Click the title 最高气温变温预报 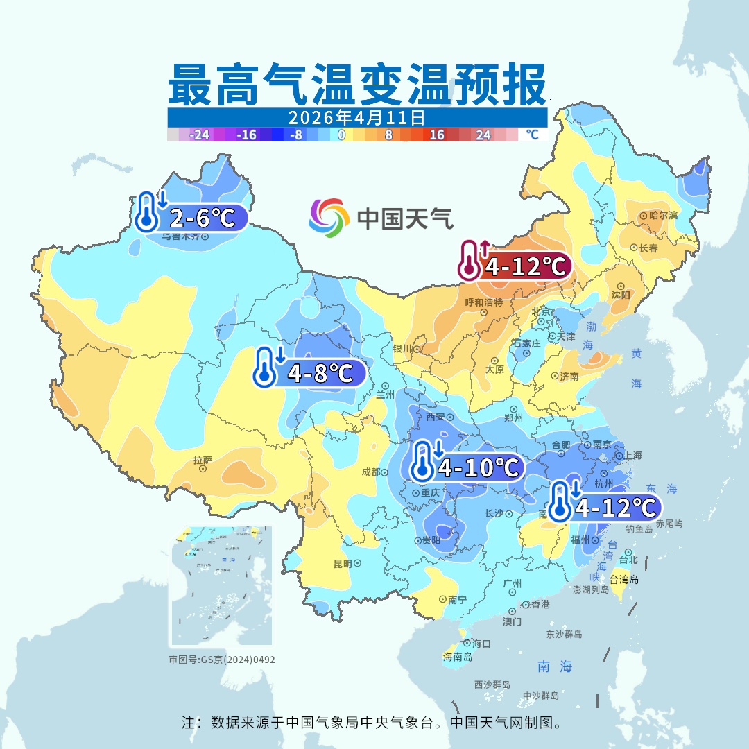pos(357,85)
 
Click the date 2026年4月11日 pos(356,117)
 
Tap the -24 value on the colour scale pos(200,135)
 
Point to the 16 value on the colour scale pos(437,135)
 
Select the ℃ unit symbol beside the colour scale pos(532,135)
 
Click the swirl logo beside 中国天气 pos(328,217)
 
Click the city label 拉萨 pos(203,459)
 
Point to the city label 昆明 pos(343,563)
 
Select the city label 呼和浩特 pos(483,302)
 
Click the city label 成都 pos(371,472)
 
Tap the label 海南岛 pos(457,656)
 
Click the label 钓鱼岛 pos(639,529)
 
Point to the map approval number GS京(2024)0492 pos(222,660)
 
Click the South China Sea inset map pos(221,586)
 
